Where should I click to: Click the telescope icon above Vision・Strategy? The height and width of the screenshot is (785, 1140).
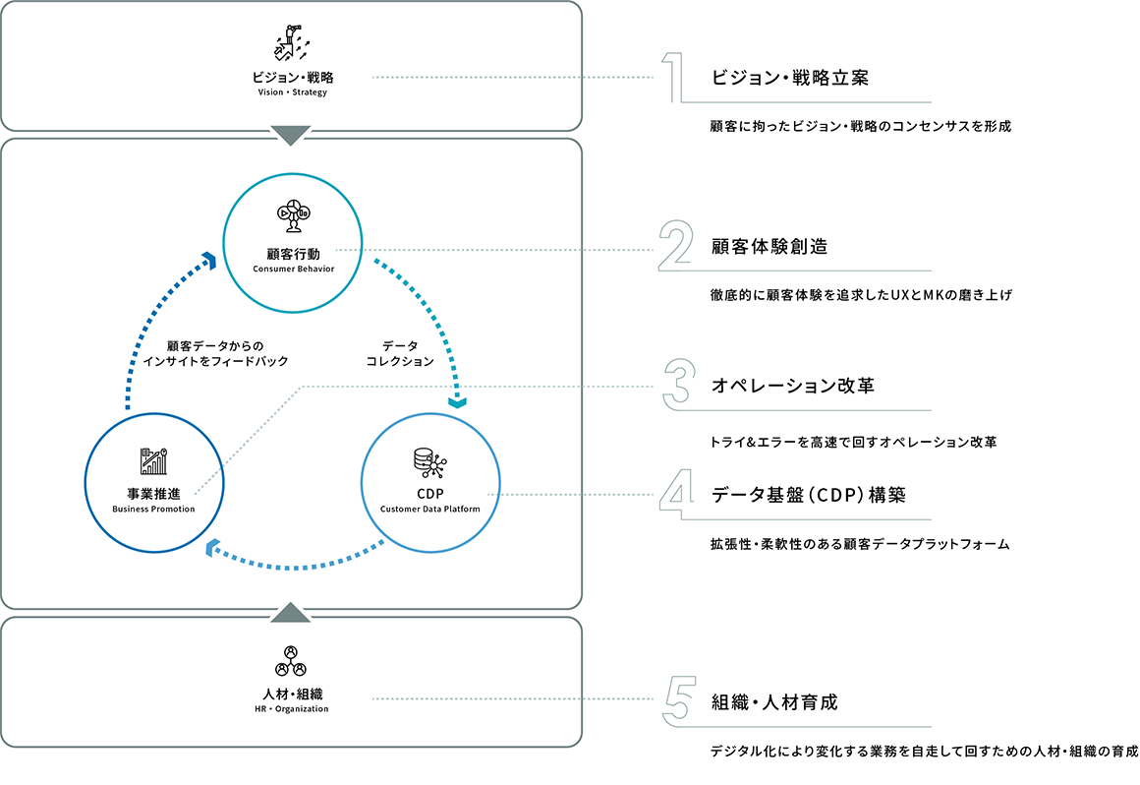click(x=292, y=42)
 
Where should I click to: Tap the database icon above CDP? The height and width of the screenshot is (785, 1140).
click(x=429, y=463)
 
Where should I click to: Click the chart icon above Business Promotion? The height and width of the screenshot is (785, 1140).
click(x=153, y=461)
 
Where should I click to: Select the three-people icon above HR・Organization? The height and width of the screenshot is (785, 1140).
click(x=291, y=661)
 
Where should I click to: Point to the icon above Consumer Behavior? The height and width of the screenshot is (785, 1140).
click(x=294, y=215)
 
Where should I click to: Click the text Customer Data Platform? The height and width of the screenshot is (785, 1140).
click(x=430, y=510)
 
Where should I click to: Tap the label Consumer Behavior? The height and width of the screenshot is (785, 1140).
click(x=294, y=270)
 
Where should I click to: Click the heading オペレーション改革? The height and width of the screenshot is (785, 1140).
click(x=792, y=386)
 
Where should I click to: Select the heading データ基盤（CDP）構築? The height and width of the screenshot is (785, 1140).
click(x=809, y=496)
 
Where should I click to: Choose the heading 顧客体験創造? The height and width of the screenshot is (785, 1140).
click(x=769, y=247)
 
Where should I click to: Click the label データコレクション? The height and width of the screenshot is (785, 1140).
click(x=400, y=353)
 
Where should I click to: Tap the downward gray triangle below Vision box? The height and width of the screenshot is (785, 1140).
click(x=290, y=136)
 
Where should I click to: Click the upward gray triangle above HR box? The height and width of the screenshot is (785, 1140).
click(x=290, y=613)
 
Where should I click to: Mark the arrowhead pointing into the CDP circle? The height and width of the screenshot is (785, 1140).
click(x=457, y=401)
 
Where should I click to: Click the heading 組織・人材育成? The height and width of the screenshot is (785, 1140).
click(x=774, y=702)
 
